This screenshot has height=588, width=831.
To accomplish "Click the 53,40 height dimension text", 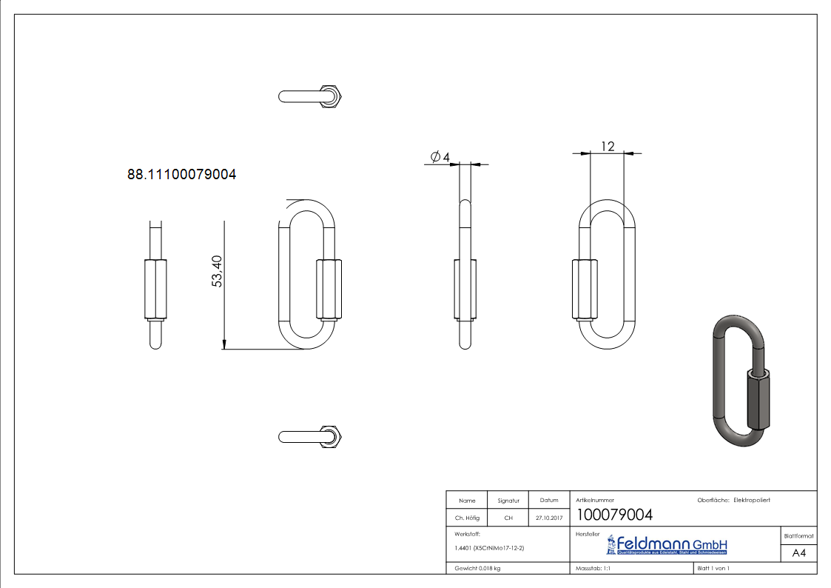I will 218,271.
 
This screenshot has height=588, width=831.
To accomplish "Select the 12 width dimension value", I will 608,146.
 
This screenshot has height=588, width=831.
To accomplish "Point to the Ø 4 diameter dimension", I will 440,156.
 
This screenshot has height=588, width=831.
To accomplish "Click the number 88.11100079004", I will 182,175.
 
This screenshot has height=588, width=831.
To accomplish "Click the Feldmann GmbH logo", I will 667,545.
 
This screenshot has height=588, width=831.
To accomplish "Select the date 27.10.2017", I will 549,518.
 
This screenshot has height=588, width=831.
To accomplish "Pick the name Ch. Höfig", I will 467,518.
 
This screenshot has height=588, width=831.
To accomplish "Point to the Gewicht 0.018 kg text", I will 477,568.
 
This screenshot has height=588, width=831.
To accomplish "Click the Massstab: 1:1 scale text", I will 593,568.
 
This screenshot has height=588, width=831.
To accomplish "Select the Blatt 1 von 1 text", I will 713,568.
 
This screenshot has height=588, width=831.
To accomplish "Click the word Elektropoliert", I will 752,501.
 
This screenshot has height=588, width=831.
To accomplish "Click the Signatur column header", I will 508,501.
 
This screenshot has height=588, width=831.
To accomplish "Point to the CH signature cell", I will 508,518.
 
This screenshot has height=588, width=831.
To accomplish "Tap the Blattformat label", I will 798,535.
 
